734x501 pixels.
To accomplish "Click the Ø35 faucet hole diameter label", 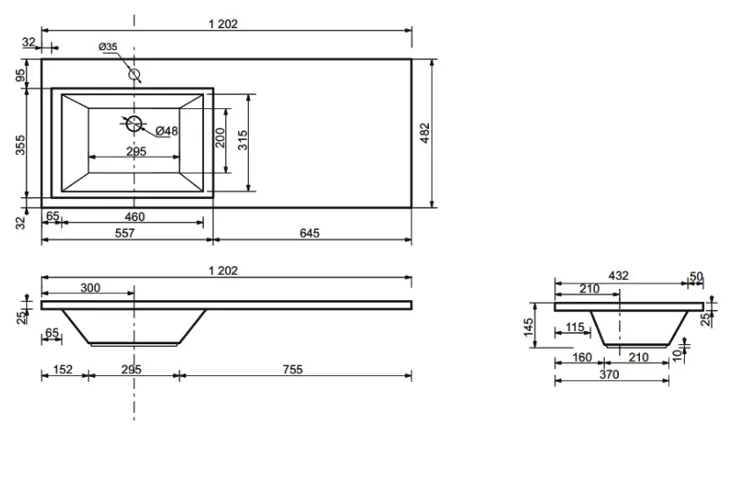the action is pos(107,47).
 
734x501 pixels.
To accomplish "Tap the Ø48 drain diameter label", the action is pos(167,131).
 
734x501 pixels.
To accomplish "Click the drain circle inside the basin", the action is pos(134,123).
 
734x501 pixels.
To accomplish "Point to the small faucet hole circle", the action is pos(134,74).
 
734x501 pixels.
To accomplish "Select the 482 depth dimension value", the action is pos(424,133).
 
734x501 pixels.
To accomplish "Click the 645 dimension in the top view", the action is pos(309,233).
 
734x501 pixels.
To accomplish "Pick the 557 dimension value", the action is pos(125,233).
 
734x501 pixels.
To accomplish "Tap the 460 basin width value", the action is pos(134,217).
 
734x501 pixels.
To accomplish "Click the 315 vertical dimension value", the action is pos(243,140).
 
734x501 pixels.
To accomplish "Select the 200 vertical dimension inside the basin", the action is pos(220,137).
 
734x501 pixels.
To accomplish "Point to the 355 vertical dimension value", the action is pos(20,145).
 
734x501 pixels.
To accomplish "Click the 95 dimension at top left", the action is pos(20,75).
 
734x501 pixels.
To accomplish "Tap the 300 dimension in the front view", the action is pos(91,288).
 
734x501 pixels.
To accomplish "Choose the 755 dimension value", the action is pos(293,370).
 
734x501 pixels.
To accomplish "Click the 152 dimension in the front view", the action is pos(62,370).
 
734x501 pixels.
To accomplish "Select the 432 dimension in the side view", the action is pos(618,276).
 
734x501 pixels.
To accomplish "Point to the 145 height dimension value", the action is pos(528,327).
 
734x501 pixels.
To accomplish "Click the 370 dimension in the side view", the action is pos(609,374).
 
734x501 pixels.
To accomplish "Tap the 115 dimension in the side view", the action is pos(575,327).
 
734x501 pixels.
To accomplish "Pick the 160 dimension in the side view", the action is pos(582,357).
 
